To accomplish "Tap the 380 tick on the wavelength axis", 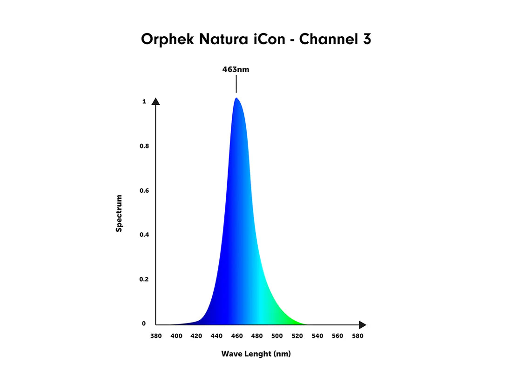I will (x=156, y=336).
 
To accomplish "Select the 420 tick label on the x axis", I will (x=196, y=336).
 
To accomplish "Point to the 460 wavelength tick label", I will (x=236, y=336).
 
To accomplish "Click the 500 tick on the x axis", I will (x=277, y=336).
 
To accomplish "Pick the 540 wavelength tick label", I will (x=317, y=336).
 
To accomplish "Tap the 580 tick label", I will (x=357, y=336).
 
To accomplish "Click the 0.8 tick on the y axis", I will (x=144, y=146).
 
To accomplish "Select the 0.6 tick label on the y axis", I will (x=144, y=191).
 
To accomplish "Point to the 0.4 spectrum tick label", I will (x=144, y=235).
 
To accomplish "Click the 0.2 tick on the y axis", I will (x=144, y=279).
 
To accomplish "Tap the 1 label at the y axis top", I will (x=144, y=101).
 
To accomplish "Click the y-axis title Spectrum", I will (x=119, y=214).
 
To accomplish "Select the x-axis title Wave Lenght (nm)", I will (x=256, y=354).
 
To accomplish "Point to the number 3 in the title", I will (x=366, y=40).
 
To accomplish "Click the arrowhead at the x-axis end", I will (x=362, y=325).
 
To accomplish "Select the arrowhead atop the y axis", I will (x=156, y=102).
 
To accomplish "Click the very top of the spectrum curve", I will (x=236, y=98).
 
